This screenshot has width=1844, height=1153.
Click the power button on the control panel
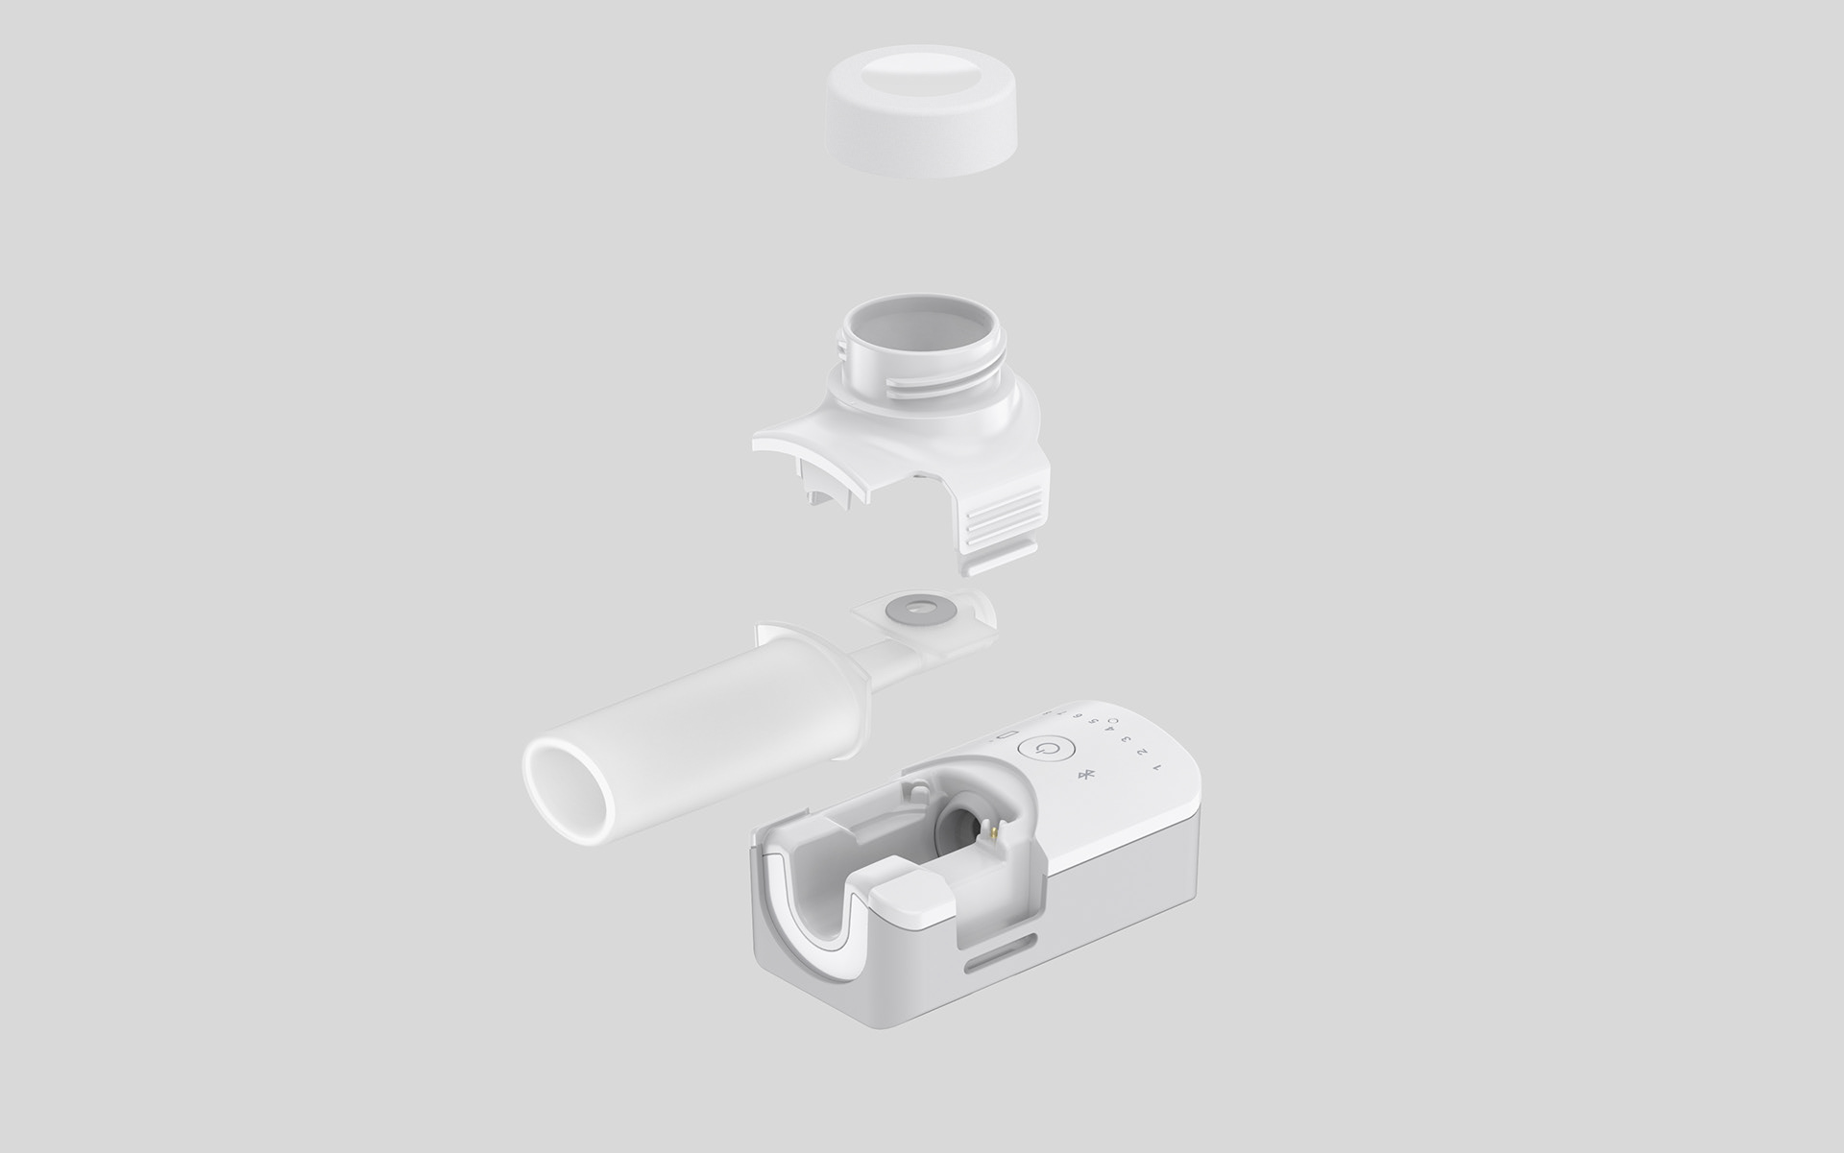click(1047, 749)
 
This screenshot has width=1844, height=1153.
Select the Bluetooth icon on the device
click(1085, 775)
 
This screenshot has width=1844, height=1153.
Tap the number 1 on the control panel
click(1157, 767)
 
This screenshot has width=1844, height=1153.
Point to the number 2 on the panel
click(1141, 752)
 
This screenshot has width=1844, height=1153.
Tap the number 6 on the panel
click(1078, 716)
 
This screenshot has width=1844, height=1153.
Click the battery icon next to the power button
click(1007, 735)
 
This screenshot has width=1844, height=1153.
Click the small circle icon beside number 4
click(1113, 721)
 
